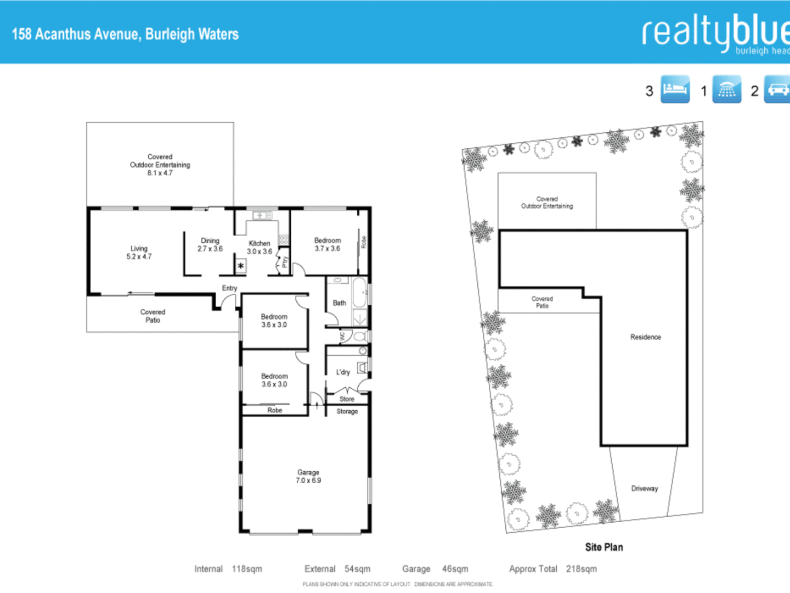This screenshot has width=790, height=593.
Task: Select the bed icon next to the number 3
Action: pos(675,89)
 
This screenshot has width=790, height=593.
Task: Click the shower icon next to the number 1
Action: pos(726,89)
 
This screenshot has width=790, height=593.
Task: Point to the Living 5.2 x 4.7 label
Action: pos(139,253)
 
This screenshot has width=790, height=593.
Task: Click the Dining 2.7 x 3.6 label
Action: pos(210,245)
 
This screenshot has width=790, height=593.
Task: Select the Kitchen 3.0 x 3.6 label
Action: pos(259,248)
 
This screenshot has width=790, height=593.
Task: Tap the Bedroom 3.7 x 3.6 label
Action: pos(328,244)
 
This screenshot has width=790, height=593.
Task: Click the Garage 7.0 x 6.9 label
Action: pos(308,476)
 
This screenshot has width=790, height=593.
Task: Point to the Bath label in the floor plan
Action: pos(340,303)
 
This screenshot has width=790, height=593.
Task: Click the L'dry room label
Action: pos(343,372)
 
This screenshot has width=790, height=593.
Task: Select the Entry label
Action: pos(229,288)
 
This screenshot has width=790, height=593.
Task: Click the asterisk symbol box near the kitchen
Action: pos(241,266)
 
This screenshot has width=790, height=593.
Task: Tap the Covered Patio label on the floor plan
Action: pos(153,316)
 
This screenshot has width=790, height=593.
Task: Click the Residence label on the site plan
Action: pos(645,337)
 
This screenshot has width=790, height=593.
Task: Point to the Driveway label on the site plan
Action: pos(644,488)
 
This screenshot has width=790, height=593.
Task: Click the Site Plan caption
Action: pos(603,547)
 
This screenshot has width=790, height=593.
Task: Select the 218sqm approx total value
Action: pos(581,569)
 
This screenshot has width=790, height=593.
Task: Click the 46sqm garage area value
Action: pos(455,569)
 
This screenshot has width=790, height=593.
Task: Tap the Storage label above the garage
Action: pos(347,411)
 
